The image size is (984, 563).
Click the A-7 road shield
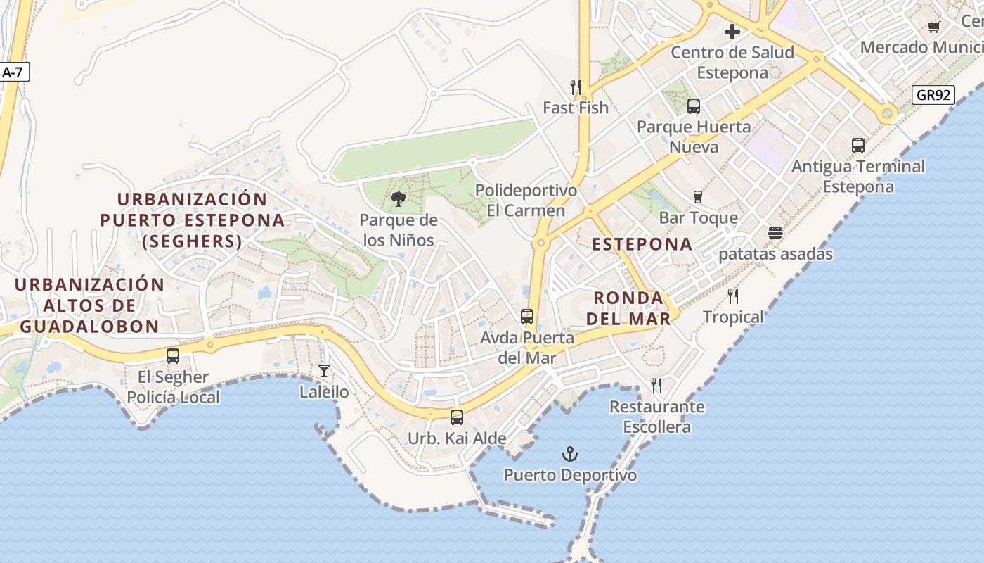coord(13,72)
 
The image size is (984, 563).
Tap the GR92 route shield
coord(933,95)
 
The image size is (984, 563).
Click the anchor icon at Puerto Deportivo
coord(570,454)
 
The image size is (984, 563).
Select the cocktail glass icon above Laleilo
coord(324,370)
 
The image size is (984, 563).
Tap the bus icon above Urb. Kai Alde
coord(457,417)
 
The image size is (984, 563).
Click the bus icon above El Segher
coord(173,356)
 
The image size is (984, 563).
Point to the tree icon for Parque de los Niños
coord(399,199)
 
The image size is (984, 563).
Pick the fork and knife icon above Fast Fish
coord(576,87)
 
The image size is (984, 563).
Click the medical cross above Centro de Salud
coord(732,32)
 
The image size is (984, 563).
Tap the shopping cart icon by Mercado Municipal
coord(933,27)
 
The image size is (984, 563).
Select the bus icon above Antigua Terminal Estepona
coord(858,146)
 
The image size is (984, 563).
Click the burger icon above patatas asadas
coord(775,233)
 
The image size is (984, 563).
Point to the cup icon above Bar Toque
coord(698,197)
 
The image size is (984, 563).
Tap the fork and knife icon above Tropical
coord(733,296)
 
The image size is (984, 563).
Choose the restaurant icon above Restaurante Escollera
coord(656,386)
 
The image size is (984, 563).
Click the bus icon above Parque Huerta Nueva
coord(694,106)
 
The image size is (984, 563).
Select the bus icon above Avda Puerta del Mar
coord(527,317)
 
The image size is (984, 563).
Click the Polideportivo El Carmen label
coord(517,201)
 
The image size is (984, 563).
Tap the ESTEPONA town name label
coord(642,244)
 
